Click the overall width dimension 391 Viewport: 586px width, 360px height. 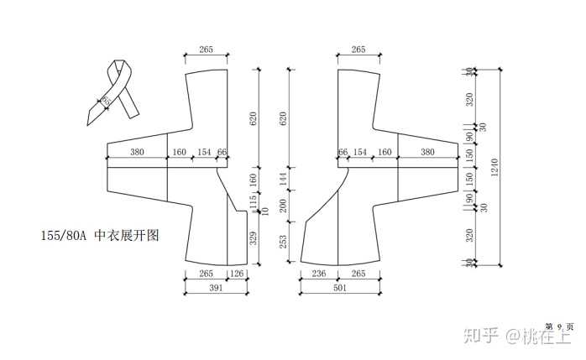[x=217, y=287]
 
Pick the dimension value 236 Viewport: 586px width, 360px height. [x=318, y=273]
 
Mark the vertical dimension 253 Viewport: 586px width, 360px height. [x=283, y=242]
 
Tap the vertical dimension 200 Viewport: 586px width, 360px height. [x=283, y=204]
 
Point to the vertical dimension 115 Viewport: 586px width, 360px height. [x=253, y=200]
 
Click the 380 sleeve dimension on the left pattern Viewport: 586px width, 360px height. [x=137, y=153]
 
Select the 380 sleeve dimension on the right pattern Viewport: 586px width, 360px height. [x=427, y=153]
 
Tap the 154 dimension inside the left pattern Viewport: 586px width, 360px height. [x=203, y=153]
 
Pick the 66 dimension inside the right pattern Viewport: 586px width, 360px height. [x=343, y=153]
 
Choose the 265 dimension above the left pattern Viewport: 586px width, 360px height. [x=206, y=50]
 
